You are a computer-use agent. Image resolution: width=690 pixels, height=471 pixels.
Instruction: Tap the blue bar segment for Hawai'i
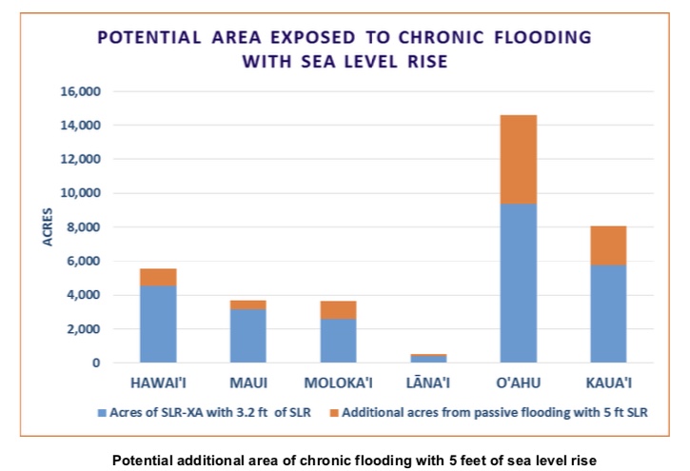click(x=158, y=324)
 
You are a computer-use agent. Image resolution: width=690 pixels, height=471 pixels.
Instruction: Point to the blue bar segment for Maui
click(x=248, y=335)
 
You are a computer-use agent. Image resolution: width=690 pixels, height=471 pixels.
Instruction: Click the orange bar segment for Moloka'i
click(x=339, y=309)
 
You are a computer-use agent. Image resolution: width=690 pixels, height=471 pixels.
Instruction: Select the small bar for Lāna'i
click(x=429, y=358)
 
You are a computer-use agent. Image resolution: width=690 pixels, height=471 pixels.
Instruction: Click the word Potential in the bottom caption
click(x=142, y=461)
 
